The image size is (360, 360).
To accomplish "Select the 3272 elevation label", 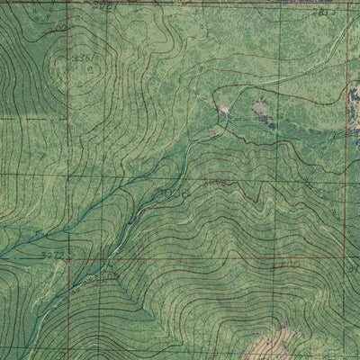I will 54,256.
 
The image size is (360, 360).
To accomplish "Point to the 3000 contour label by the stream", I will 171,192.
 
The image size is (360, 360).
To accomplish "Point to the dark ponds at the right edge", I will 353,117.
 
